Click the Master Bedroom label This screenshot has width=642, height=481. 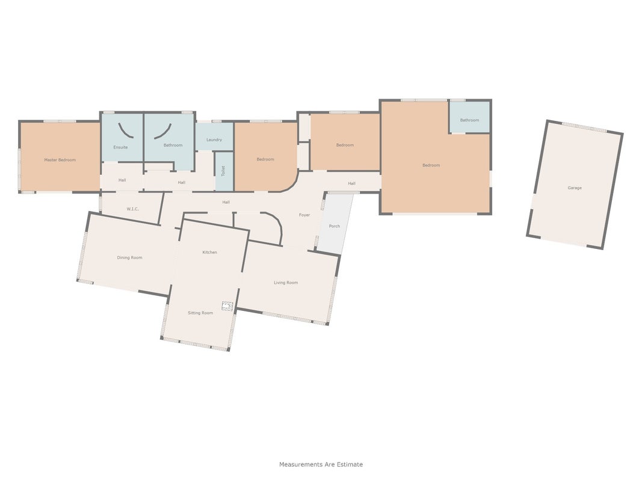click(60, 160)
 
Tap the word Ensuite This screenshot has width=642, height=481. click(120, 147)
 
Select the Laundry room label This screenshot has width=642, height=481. click(214, 140)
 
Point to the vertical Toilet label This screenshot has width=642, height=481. click(223, 171)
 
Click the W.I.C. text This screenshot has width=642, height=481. click(132, 209)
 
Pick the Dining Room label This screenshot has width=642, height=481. click(129, 258)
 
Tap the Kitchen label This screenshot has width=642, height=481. click(209, 253)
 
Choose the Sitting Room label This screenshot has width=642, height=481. click(200, 313)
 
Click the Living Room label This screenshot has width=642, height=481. click(286, 283)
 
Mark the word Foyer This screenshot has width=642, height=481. click(304, 215)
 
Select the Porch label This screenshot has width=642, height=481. click(335, 226)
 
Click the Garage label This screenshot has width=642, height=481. click(575, 188)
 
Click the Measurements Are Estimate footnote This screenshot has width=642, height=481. click(321, 464)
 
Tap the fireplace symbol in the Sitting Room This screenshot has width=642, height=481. click(227, 306)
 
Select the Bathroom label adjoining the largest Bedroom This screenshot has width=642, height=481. click(469, 120)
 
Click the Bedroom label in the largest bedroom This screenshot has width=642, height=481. click(431, 165)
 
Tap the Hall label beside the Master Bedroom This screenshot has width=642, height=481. click(122, 180)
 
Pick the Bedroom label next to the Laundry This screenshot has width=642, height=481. click(265, 159)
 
